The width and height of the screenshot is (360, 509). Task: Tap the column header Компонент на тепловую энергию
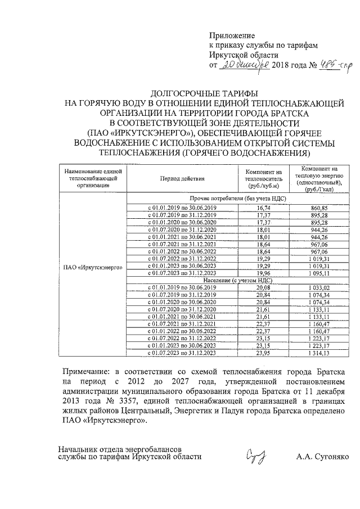pyautogui.click(x=318, y=179)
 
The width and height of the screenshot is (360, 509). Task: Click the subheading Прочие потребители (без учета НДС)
pyautogui.click(x=231, y=199)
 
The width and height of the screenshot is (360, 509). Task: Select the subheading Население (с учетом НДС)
pyautogui.click(x=231, y=280)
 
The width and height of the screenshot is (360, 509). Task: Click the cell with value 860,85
pyautogui.click(x=318, y=208)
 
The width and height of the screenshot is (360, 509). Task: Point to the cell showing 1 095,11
pyautogui.click(x=318, y=273)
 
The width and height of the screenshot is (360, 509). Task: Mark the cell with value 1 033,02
pyautogui.click(x=318, y=287)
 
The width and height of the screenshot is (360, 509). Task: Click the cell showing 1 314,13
pyautogui.click(x=318, y=353)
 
